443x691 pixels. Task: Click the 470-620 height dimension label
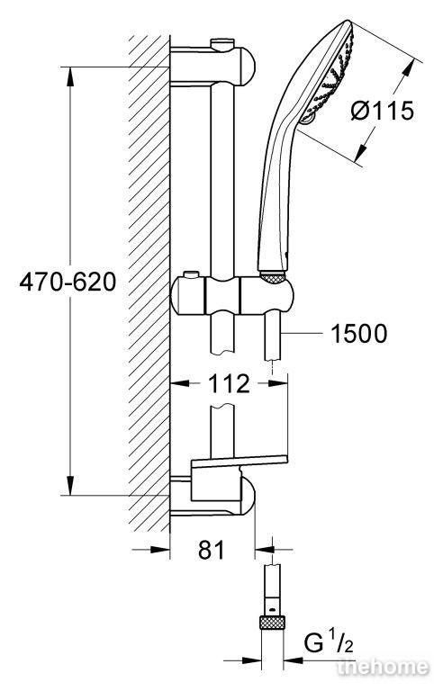(68, 281)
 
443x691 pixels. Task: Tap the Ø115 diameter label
(383, 110)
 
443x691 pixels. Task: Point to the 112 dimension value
(229, 384)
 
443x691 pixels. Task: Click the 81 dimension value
(212, 550)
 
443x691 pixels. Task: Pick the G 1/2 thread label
(329, 644)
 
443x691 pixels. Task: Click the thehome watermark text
(382, 668)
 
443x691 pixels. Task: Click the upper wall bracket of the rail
(212, 66)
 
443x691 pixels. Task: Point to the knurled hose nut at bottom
(272, 623)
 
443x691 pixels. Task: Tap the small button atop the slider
(192, 275)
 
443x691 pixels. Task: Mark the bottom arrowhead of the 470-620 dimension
(70, 485)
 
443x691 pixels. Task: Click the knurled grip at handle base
(274, 277)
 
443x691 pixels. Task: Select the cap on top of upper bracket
(222, 44)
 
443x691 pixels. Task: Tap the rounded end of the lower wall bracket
(248, 497)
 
